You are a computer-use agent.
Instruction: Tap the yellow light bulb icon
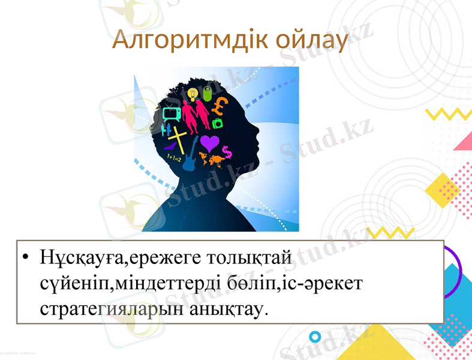point(192,94)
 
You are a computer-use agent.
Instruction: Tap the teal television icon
point(171,112)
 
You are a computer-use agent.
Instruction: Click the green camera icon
point(217,124)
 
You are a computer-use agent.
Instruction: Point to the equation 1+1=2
point(173,158)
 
